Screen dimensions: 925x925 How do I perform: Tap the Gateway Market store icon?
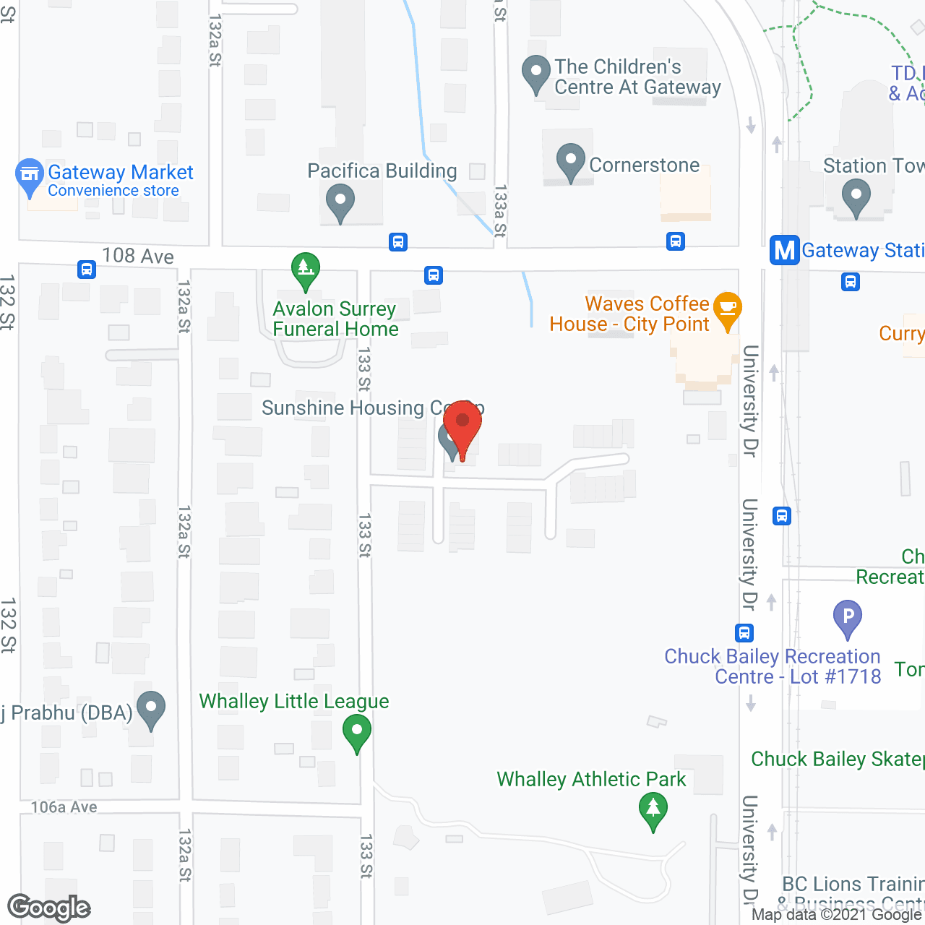tap(30, 176)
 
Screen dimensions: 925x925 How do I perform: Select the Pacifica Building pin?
tap(340, 202)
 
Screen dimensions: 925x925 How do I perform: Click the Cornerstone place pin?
tap(571, 160)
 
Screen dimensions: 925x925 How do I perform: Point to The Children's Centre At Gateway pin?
tap(536, 73)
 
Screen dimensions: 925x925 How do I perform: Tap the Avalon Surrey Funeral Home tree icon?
tap(306, 270)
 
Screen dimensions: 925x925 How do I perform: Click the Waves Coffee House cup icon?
tap(728, 309)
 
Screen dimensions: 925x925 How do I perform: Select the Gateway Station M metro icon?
tap(785, 250)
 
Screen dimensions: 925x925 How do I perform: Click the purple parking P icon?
tap(848, 617)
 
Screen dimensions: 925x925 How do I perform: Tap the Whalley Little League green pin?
tap(356, 731)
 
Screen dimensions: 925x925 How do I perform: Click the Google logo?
tap(49, 908)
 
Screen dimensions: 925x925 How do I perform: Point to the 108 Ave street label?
tap(138, 256)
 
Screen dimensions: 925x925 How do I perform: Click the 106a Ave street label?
tap(64, 807)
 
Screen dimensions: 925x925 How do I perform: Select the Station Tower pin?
tap(856, 197)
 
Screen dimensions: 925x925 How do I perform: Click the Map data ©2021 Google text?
tap(837, 915)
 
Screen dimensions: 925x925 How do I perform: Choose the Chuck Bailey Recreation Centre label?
tap(773, 666)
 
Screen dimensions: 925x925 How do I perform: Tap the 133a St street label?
tap(499, 211)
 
